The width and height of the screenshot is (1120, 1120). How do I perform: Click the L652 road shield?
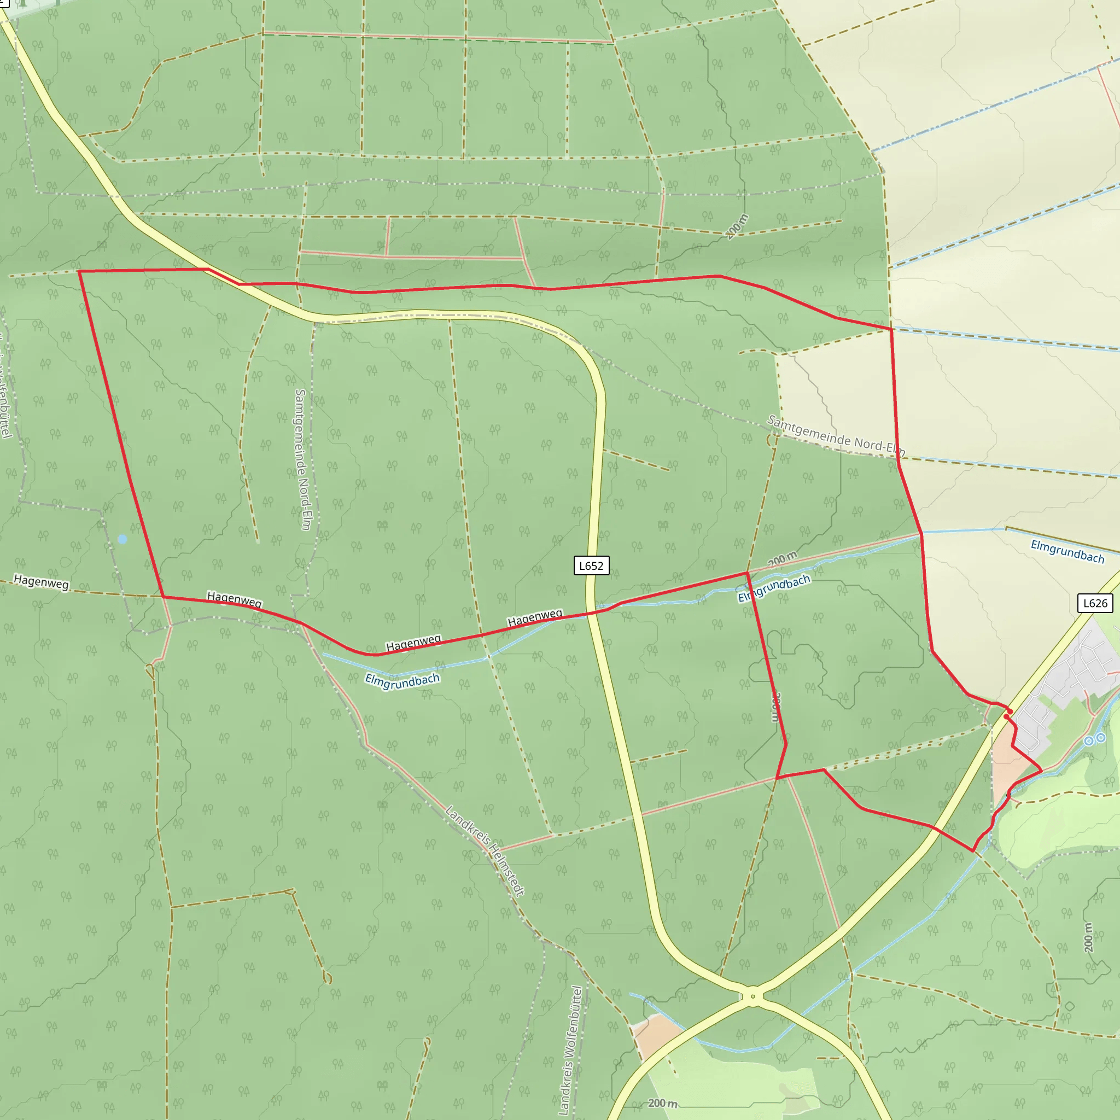591,566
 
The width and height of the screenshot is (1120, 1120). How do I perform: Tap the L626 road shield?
1095,603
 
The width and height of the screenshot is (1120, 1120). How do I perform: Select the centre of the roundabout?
752,996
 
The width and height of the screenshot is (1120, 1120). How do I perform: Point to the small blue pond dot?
122,539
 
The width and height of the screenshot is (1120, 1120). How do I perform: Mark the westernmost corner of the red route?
79,271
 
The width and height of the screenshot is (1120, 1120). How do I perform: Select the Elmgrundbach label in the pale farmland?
1066,551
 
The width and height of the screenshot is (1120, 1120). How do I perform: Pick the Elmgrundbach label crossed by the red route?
774,588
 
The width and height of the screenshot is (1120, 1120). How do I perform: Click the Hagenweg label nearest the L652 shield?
534,618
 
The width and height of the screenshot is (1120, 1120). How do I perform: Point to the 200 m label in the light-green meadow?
662,1103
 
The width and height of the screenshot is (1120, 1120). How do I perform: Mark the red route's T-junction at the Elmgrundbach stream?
747,573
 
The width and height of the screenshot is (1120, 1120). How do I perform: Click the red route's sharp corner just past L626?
973,851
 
